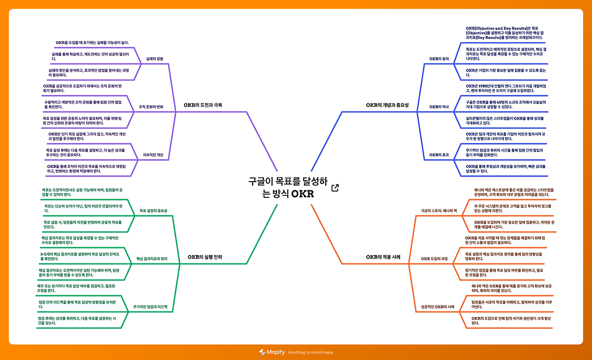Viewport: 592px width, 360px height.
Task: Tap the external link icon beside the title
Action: [x=335, y=188]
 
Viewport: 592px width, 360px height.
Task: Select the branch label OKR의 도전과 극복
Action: [x=203, y=105]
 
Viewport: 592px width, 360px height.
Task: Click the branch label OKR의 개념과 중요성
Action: [x=387, y=105]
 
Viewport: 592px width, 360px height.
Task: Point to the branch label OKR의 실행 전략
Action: [x=205, y=257]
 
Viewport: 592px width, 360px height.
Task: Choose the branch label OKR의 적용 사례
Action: [x=383, y=256]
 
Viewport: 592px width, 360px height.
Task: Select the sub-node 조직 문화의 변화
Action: [x=151, y=107]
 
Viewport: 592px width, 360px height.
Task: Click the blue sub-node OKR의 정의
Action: [x=439, y=59]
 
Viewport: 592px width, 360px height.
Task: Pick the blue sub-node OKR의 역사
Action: [x=439, y=107]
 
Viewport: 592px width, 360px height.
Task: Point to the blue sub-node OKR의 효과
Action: [x=439, y=155]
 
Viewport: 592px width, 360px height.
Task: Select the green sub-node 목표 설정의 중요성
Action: [x=154, y=211]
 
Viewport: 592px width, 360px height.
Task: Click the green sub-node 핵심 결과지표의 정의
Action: [x=152, y=258]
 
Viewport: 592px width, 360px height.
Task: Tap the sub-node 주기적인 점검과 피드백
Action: [x=150, y=306]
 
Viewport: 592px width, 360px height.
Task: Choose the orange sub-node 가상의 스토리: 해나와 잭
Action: [x=439, y=211]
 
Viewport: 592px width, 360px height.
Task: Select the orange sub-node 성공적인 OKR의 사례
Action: [x=438, y=307]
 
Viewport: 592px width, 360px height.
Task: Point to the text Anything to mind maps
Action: [x=310, y=353]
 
